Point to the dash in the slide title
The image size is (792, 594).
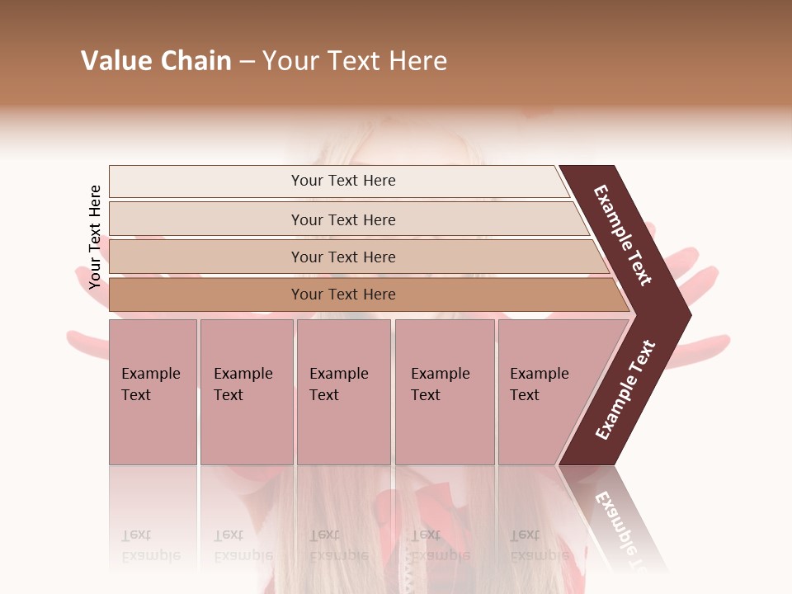pyautogui.click(x=246, y=62)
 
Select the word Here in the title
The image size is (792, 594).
pyautogui.click(x=417, y=61)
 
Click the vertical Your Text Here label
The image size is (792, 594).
pyautogui.click(x=95, y=237)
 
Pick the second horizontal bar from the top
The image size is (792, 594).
pyautogui.click(x=342, y=219)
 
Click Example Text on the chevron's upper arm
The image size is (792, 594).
pyautogui.click(x=623, y=235)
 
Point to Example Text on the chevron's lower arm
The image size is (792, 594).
pyautogui.click(x=625, y=390)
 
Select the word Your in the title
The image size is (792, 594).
pyautogui.click(x=290, y=61)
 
